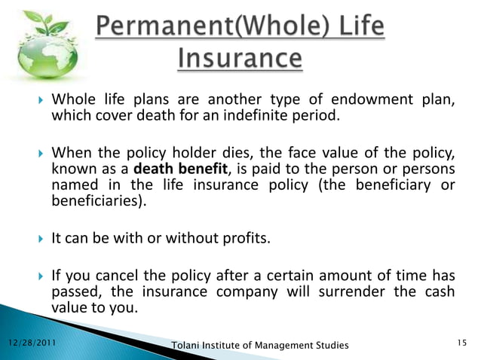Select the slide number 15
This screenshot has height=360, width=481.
tap(462, 343)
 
